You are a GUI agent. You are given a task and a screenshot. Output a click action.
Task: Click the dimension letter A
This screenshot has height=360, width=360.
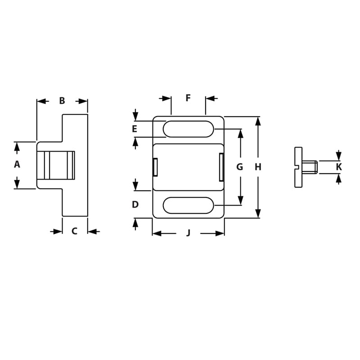click(x=17, y=165)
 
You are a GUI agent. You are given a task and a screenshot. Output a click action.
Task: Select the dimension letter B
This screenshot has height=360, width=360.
click(x=62, y=101)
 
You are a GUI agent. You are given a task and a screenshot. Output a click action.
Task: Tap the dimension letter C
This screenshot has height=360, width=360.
click(x=75, y=231)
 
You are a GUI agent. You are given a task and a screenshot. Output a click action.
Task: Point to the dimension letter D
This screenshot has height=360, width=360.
click(x=135, y=205)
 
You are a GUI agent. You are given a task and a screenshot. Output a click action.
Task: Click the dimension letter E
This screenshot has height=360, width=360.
click(x=135, y=129)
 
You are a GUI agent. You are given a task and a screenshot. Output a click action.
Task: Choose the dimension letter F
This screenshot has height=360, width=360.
click(x=188, y=98)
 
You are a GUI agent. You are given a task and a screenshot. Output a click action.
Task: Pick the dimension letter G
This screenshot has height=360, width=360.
click(x=240, y=167)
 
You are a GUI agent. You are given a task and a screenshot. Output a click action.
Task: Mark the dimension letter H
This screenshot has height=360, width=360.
click(x=258, y=167)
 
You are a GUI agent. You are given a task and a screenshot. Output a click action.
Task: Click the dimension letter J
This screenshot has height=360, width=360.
click(x=189, y=233)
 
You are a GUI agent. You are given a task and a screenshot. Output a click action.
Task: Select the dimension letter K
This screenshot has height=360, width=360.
click(x=339, y=167)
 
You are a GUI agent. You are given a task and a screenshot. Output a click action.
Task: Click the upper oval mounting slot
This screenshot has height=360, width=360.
click(x=188, y=129)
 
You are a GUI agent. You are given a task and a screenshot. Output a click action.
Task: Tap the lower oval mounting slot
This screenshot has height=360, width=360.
click(x=188, y=205)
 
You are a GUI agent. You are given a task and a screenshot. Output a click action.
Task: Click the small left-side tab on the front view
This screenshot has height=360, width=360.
click(x=155, y=167)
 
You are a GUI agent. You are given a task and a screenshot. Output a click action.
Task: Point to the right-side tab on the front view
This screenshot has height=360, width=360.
click(x=221, y=167)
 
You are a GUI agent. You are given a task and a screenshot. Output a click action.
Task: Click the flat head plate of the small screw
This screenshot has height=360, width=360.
click(x=298, y=167)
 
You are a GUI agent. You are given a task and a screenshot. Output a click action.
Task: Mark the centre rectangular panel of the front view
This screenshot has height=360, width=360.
click(x=188, y=167)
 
